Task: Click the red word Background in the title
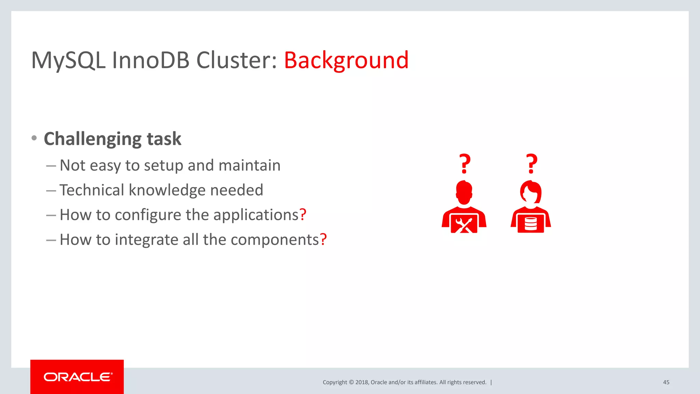[x=346, y=60]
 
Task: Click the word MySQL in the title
[x=68, y=60]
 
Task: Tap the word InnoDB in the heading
[x=151, y=60]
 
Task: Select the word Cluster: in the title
[x=236, y=60]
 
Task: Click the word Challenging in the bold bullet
[x=92, y=139]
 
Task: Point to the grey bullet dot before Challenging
[x=34, y=138]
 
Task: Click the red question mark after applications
[x=303, y=215]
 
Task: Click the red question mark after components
[x=323, y=239]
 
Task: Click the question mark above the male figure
[x=465, y=164]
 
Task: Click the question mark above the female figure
[x=531, y=164]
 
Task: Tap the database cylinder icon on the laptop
[x=531, y=224]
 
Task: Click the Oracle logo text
[x=78, y=377]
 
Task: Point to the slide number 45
[x=666, y=382]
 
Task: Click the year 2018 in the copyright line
[x=362, y=382]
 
